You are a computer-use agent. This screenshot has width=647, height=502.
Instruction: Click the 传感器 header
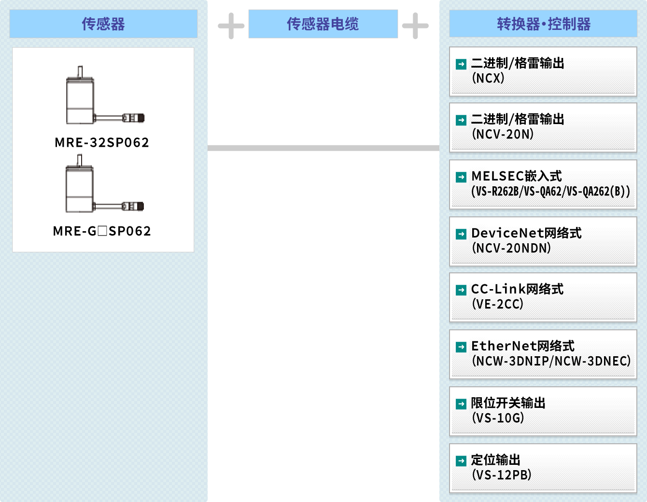[103, 24]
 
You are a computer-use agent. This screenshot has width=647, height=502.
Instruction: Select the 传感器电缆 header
[323, 24]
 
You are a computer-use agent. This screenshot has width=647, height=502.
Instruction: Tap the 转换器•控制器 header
[543, 24]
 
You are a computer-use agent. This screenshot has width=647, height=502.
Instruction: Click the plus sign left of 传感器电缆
[231, 26]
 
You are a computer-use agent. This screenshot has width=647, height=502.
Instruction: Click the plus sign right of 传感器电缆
[415, 26]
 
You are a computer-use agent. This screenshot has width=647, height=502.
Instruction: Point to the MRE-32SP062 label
[102, 142]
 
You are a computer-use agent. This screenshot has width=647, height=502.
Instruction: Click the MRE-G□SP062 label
[102, 231]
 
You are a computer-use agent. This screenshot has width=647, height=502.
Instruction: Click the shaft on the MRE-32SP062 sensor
[80, 72]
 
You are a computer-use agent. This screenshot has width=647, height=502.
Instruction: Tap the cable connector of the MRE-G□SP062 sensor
[133, 207]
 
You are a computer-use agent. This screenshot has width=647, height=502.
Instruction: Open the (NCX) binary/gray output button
[543, 71]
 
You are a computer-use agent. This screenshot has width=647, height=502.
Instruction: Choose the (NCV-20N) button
[543, 127]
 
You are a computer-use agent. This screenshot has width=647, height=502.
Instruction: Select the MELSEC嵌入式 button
[543, 184]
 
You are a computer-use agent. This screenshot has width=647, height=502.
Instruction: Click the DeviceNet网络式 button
[543, 241]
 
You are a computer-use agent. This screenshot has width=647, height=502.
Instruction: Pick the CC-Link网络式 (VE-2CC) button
[543, 297]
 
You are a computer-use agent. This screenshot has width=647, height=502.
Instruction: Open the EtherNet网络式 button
[543, 354]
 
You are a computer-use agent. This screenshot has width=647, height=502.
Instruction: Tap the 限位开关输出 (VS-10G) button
[543, 411]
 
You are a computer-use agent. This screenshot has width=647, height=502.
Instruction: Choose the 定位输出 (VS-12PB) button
[543, 468]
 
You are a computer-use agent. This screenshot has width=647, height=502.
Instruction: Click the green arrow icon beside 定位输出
[461, 461]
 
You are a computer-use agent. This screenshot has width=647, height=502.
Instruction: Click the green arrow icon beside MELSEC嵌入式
[461, 177]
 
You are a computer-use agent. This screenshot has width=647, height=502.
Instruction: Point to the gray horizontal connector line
[323, 148]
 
